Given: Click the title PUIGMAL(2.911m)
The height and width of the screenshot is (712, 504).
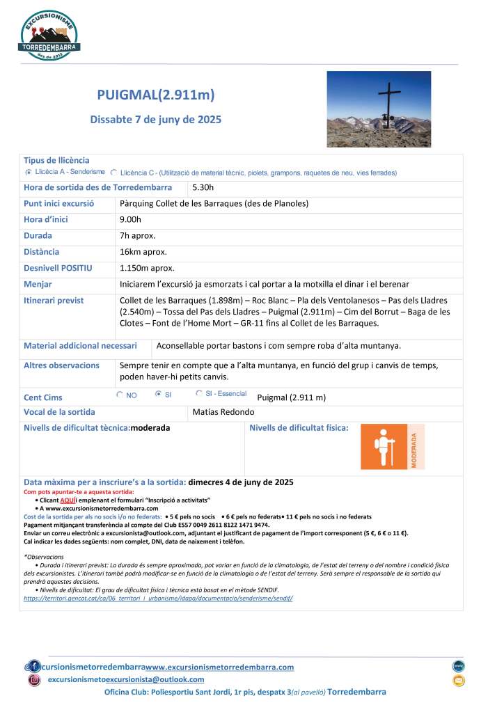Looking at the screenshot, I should pyautogui.click(x=156, y=95).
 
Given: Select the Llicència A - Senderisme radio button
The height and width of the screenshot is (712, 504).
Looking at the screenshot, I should pyautogui.click(x=29, y=171).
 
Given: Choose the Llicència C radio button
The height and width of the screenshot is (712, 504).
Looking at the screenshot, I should pyautogui.click(x=113, y=172).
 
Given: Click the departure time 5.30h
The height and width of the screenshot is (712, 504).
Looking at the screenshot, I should pyautogui.click(x=203, y=188).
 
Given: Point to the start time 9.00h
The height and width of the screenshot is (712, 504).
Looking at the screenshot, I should pyautogui.click(x=130, y=219).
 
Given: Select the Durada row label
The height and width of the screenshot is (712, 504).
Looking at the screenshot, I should pyautogui.click(x=38, y=235).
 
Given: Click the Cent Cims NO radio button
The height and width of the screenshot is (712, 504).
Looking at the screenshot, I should pyautogui.click(x=119, y=394).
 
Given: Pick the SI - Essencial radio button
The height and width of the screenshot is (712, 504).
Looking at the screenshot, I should pyautogui.click(x=199, y=394).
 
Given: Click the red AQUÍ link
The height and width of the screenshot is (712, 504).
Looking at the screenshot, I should pyautogui.click(x=68, y=500).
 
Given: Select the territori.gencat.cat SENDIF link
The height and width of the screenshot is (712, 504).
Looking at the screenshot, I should pyautogui.click(x=157, y=598).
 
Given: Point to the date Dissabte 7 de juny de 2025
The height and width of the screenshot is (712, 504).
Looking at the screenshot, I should pyautogui.click(x=156, y=120).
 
